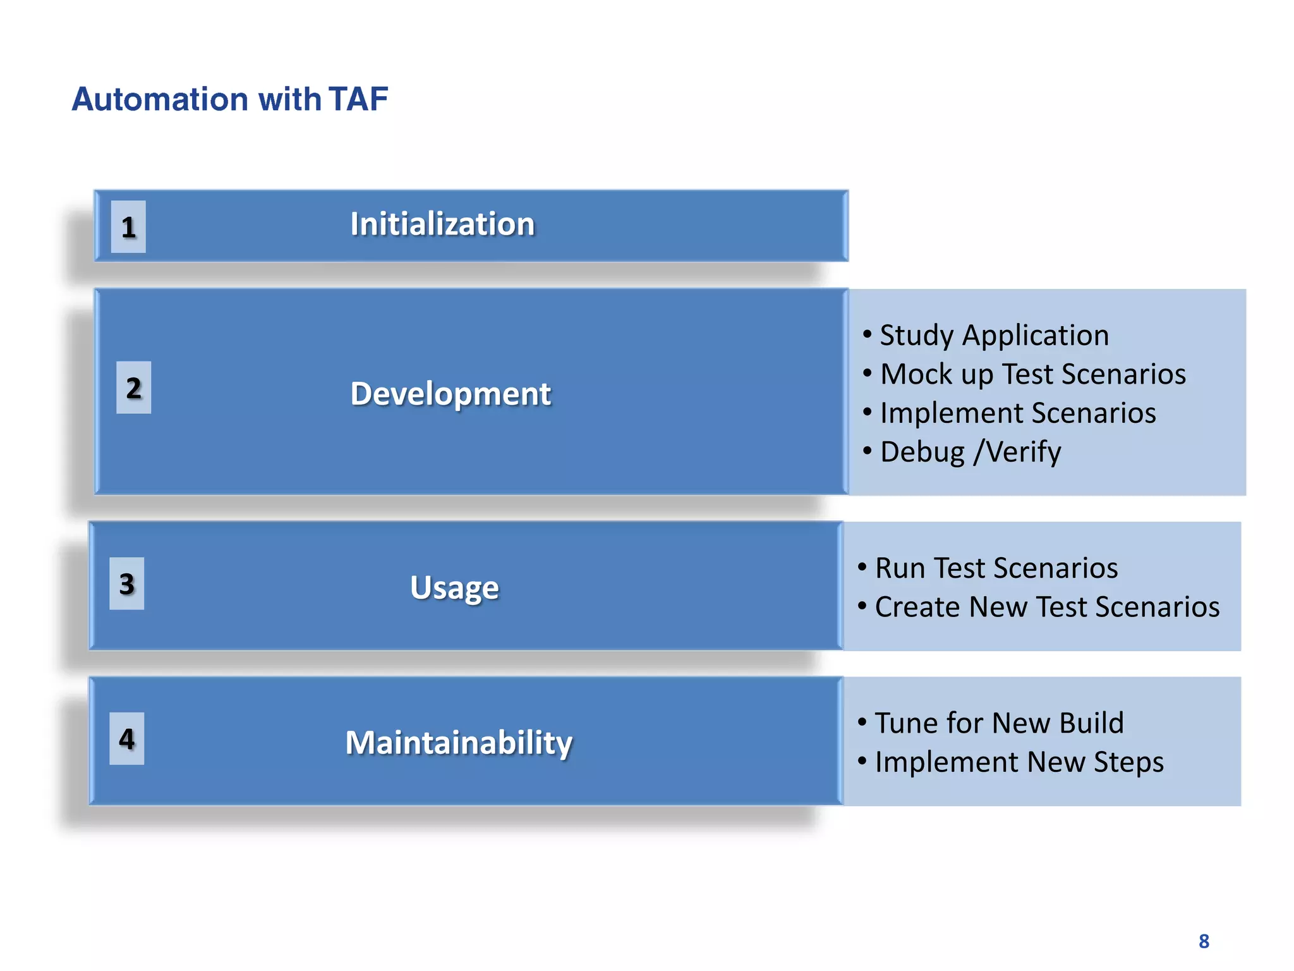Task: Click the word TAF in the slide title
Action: [x=358, y=99]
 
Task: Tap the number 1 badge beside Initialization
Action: [x=128, y=227]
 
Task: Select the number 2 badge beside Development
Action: [x=133, y=388]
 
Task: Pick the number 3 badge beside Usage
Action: [x=126, y=583]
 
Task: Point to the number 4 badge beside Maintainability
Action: [x=126, y=738]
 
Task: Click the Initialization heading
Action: [x=442, y=224]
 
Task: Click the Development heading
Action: [x=450, y=393]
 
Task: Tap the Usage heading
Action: [x=454, y=587]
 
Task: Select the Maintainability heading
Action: [x=459, y=742]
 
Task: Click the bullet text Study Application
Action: [x=994, y=335]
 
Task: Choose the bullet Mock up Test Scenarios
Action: [x=1032, y=374]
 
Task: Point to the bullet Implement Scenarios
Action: [x=1017, y=413]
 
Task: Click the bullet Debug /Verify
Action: [x=970, y=452]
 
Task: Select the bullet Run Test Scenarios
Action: [x=996, y=568]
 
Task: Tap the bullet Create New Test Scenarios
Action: [x=1046, y=607]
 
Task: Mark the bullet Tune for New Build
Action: [x=999, y=723]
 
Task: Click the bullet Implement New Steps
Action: [x=1019, y=762]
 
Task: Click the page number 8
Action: [x=1204, y=941]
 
